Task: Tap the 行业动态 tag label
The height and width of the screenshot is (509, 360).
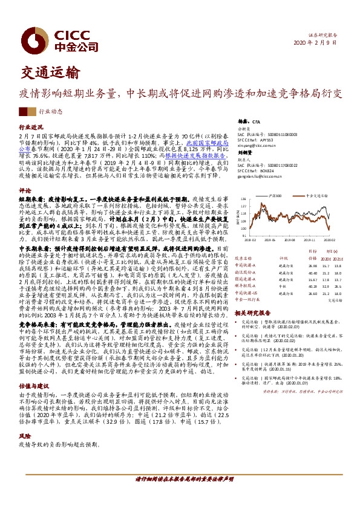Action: click(x=50, y=112)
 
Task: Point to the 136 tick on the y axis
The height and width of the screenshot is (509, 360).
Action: click(x=244, y=199)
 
